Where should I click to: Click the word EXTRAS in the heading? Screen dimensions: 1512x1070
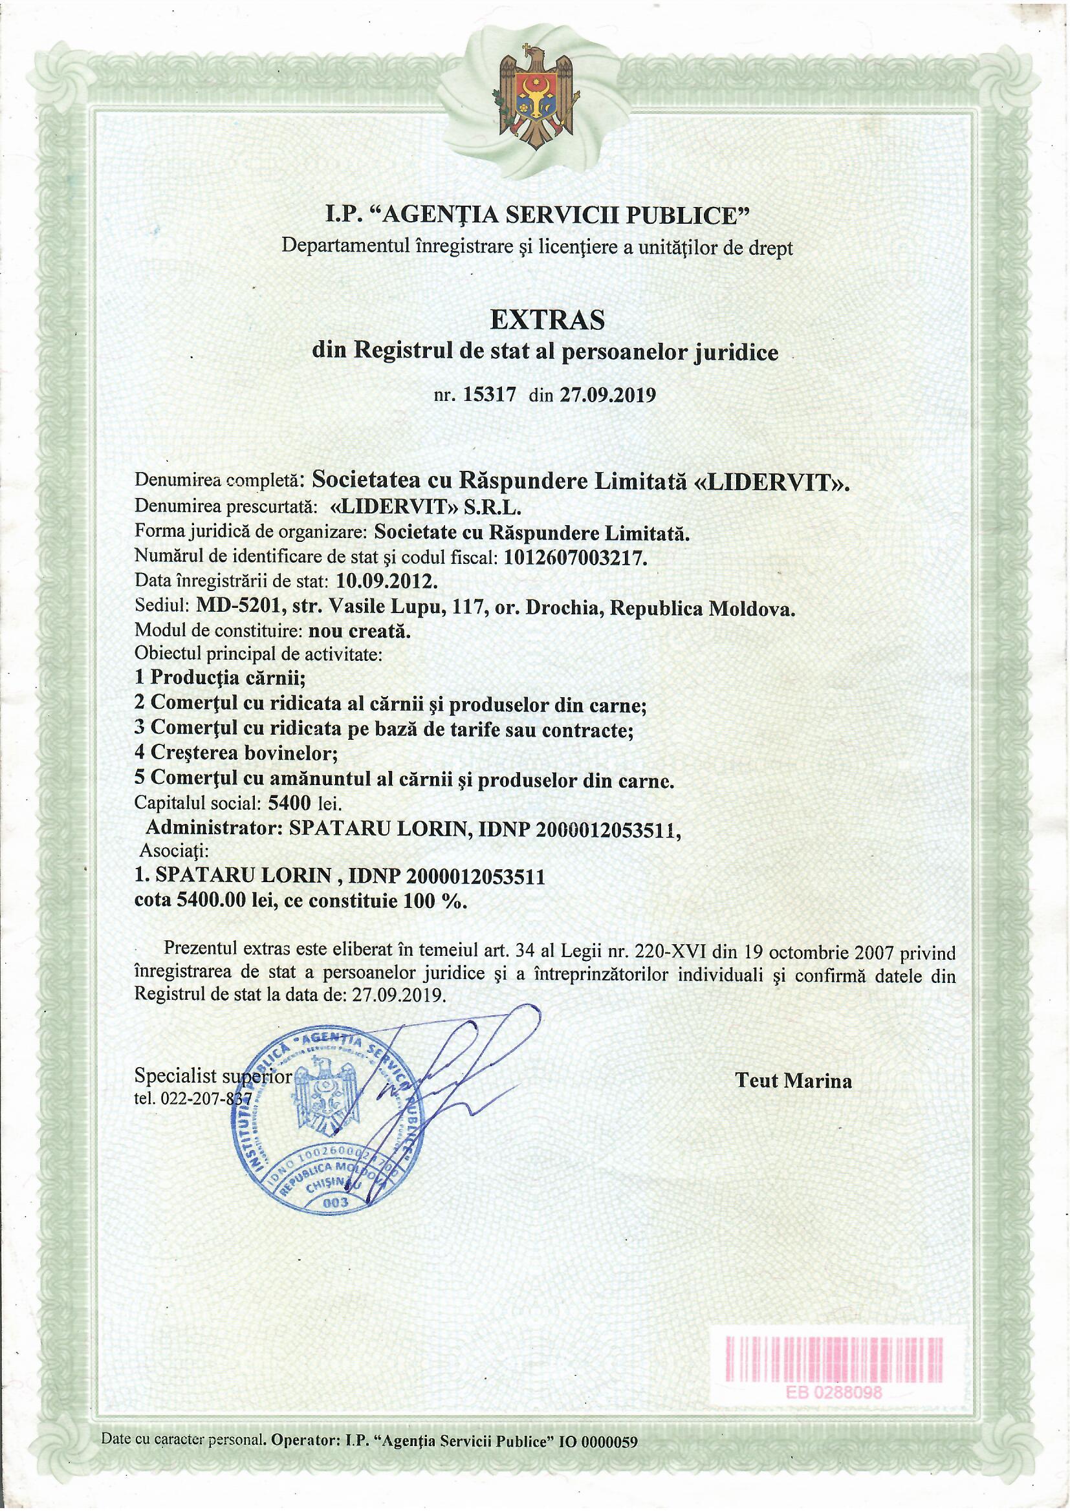tap(547, 320)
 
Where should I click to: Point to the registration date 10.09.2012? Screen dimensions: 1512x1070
tap(386, 582)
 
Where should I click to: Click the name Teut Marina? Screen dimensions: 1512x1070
tap(793, 1081)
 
